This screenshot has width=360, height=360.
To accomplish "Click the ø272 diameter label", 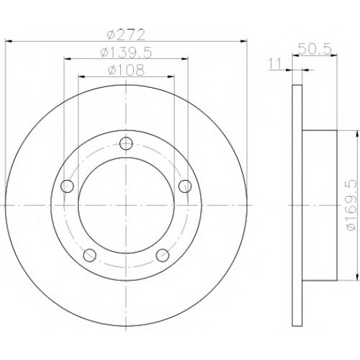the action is (126, 35).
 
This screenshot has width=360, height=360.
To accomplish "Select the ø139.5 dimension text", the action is (126, 53).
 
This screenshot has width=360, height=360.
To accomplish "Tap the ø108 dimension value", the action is (127, 70).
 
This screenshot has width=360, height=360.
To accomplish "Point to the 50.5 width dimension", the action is (315, 49).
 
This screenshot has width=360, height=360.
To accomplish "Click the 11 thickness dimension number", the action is (275, 64).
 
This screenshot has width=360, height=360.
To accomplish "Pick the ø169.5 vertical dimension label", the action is (352, 205).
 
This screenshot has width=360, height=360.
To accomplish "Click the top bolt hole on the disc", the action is (126, 143).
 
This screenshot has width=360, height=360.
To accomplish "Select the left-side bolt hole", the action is (67, 186).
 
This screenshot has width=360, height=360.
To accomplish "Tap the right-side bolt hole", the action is (185, 186).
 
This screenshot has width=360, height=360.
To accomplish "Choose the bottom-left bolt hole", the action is (89, 255).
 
